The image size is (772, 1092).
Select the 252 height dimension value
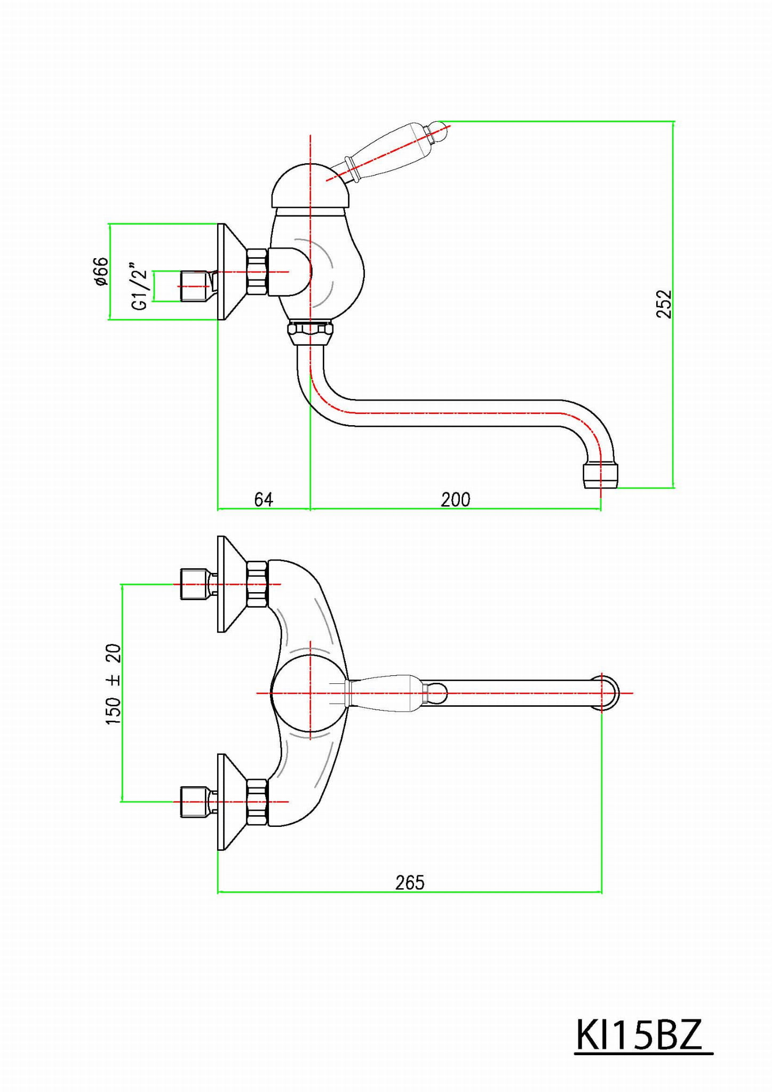(x=664, y=304)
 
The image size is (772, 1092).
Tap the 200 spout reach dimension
(x=456, y=499)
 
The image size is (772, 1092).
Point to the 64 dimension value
(x=264, y=499)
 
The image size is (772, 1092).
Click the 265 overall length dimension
(x=410, y=882)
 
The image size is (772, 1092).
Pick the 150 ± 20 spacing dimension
(x=113, y=684)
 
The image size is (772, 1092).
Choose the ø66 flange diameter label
(x=100, y=271)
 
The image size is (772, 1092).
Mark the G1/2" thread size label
(x=139, y=286)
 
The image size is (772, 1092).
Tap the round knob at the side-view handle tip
(x=439, y=130)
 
